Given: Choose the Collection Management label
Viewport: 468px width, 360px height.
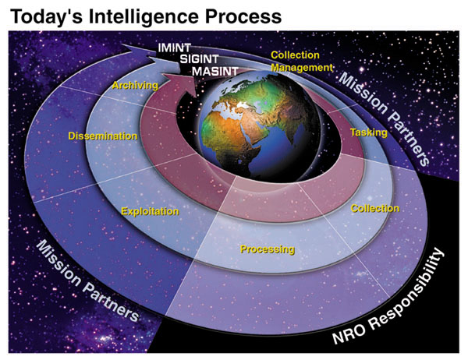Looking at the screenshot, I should (x=296, y=61).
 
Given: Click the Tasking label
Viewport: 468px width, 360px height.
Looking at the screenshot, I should (x=368, y=132).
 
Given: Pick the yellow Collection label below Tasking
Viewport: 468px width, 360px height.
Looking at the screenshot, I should (x=374, y=208).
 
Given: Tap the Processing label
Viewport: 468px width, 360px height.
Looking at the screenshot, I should (x=267, y=250).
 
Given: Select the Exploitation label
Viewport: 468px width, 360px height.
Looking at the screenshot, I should (x=150, y=211).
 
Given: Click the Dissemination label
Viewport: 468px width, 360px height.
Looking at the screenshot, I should (x=103, y=136).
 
